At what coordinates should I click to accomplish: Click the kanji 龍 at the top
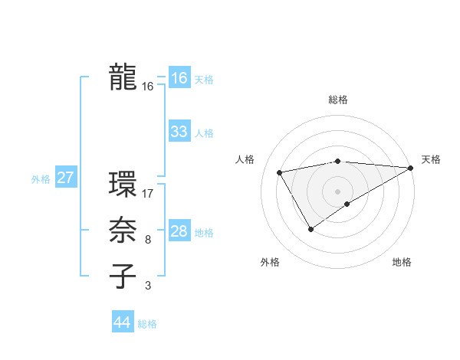(123, 77)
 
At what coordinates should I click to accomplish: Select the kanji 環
(123, 184)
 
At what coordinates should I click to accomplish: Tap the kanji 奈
(123, 231)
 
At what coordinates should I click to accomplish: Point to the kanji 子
(123, 277)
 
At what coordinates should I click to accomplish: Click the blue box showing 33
(179, 132)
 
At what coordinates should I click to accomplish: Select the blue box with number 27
(65, 178)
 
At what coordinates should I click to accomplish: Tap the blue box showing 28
(179, 231)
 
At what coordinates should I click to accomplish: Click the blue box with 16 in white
(179, 78)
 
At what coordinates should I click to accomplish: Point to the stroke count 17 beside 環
(148, 193)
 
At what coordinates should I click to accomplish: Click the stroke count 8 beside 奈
(148, 240)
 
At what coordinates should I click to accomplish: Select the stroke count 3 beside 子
(148, 286)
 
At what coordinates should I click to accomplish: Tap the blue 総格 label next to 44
(147, 324)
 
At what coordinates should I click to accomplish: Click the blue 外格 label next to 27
(41, 179)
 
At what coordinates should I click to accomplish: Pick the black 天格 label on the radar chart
(431, 159)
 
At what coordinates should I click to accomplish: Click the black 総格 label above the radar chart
(337, 100)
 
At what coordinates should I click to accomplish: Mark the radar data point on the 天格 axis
(411, 168)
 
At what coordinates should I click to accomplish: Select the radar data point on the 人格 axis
(280, 172)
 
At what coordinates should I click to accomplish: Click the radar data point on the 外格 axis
(310, 228)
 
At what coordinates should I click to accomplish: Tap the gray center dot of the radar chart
(337, 191)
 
